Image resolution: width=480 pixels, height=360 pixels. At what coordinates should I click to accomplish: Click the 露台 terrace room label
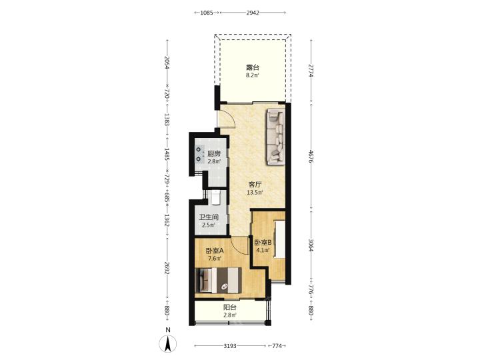pyautogui.click(x=253, y=67)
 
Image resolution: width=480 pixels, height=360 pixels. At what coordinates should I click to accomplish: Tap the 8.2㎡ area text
pyautogui.click(x=253, y=75)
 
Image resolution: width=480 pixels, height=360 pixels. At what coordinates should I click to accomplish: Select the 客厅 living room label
pyautogui.click(x=255, y=185)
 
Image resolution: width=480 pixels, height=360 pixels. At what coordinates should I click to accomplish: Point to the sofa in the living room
pyautogui.click(x=277, y=137)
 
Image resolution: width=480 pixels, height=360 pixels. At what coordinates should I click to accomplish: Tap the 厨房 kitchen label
pyautogui.click(x=214, y=154)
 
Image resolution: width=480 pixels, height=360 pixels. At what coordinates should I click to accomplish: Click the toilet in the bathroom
pyautogui.click(x=216, y=198)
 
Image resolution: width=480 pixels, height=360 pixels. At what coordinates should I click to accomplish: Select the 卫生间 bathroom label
pyautogui.click(x=209, y=217)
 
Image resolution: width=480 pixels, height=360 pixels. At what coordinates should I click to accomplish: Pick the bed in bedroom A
pyautogui.click(x=218, y=280)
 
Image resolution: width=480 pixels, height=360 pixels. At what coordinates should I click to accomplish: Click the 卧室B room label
pyautogui.click(x=263, y=243)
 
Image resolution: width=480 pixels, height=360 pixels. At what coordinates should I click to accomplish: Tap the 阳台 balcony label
pyautogui.click(x=229, y=307)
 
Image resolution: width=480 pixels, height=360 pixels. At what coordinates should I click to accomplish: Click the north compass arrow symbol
pyautogui.click(x=168, y=343)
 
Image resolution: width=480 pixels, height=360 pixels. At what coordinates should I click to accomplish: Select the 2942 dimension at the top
pyautogui.click(x=253, y=13)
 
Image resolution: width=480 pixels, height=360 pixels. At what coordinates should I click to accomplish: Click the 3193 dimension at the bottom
pyautogui.click(x=230, y=346)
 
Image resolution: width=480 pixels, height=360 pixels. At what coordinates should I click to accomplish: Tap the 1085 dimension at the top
pyautogui.click(x=207, y=13)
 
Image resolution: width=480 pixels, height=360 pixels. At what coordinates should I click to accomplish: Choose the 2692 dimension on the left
pyautogui.click(x=167, y=268)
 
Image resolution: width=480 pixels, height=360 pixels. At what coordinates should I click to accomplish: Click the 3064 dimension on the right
pyautogui.click(x=311, y=245)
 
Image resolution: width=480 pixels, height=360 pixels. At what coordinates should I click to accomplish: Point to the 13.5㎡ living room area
pyautogui.click(x=255, y=193)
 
